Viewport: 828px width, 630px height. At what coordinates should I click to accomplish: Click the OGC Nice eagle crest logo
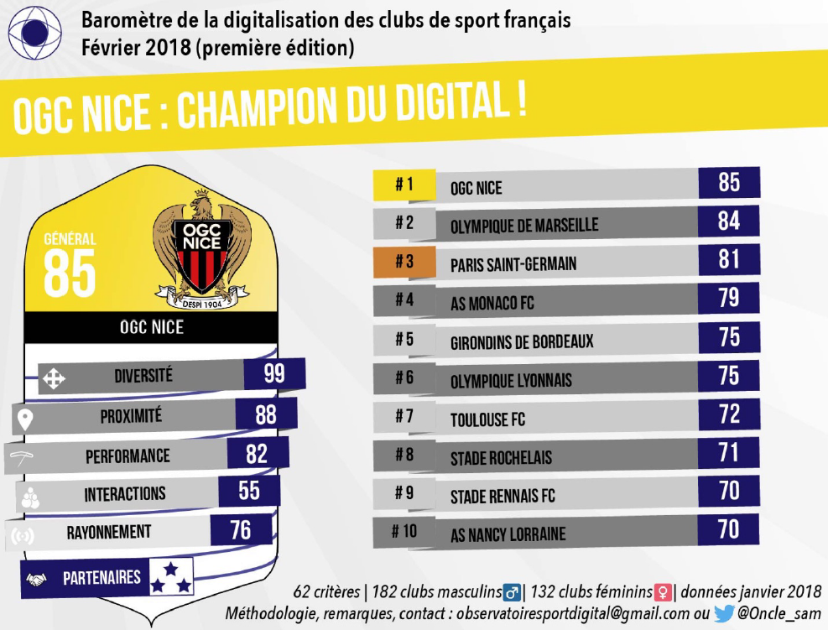pos(201,249)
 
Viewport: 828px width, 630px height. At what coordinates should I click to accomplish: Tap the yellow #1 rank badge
pos(404,185)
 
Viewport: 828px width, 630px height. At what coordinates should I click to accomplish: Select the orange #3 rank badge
pos(404,262)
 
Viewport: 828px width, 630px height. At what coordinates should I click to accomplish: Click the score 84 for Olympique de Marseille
pos(729,221)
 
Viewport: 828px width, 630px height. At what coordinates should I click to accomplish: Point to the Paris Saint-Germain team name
pos(513,264)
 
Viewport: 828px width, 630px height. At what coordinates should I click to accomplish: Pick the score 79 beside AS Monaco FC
pos(729,298)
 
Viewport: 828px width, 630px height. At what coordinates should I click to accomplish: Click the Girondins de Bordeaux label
pos(522,341)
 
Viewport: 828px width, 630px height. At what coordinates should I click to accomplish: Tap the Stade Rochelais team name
pos(501,458)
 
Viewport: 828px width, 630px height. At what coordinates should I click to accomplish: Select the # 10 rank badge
pos(404,531)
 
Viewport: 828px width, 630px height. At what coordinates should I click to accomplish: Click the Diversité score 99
pos(274,374)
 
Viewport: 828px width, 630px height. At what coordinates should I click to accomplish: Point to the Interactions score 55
pos(249,491)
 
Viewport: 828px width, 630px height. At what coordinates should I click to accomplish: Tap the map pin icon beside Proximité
pos(25,419)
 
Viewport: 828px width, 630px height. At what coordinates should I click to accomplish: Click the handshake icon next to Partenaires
pos(36,580)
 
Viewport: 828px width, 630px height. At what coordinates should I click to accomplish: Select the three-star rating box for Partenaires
pos(171,576)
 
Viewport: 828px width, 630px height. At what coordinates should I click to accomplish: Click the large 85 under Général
pos(69,273)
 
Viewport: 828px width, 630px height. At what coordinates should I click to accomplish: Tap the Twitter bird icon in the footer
pos(723,613)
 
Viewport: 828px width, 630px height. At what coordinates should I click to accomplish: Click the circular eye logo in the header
pos(35,33)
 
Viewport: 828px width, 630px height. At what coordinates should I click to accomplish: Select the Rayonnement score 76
pos(241,529)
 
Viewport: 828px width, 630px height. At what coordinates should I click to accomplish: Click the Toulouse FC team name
pos(488,419)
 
